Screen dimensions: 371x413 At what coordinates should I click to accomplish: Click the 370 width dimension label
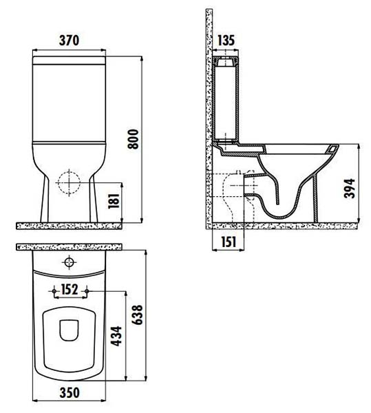[x=69, y=41]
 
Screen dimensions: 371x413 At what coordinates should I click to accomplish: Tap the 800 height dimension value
[x=133, y=139]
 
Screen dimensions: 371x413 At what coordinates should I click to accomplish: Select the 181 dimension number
[x=114, y=201]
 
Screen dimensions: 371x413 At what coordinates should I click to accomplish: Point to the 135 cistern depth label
[x=226, y=41]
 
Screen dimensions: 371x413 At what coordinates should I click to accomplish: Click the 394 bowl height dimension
[x=350, y=188]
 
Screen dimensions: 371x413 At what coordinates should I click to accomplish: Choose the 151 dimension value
[x=229, y=242]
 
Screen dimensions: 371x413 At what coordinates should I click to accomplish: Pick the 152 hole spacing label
[x=70, y=289]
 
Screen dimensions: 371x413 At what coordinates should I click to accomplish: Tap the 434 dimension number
[x=116, y=336]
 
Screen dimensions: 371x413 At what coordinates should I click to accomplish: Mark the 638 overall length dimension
[x=137, y=315]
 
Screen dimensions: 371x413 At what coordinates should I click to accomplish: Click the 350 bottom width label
[x=70, y=393]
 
